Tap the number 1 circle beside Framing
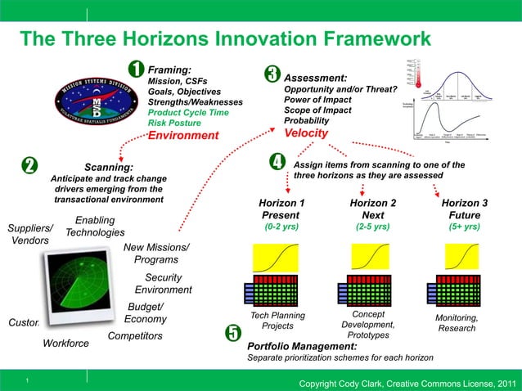click(136, 70)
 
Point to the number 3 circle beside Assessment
click(272, 74)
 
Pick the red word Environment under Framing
click(183, 135)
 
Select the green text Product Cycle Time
click(187, 112)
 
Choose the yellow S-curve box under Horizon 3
click(463, 259)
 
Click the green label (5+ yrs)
click(464, 227)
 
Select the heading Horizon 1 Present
click(281, 209)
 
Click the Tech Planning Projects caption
click(277, 321)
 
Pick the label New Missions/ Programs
click(156, 254)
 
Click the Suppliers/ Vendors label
click(30, 234)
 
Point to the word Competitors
click(135, 335)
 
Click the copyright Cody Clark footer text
click(407, 383)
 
